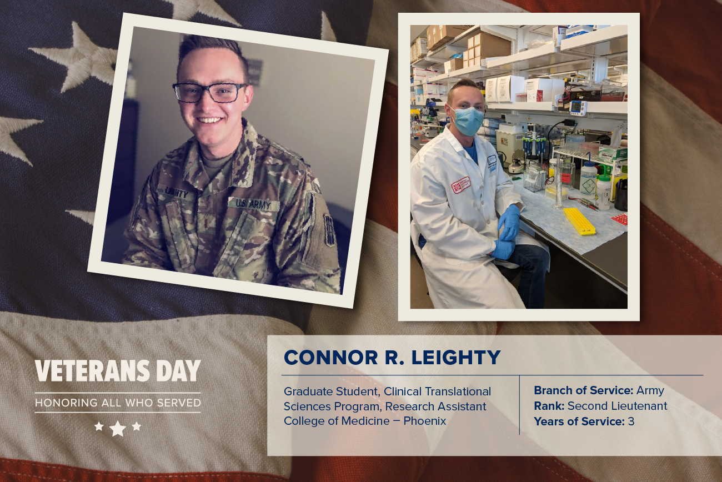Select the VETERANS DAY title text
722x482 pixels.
click(x=118, y=371)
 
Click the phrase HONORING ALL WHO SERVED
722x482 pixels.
click(x=118, y=403)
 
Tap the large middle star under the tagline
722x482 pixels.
click(x=118, y=428)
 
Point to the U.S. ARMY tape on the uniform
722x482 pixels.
click(x=253, y=204)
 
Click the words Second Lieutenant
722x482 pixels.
click(x=617, y=405)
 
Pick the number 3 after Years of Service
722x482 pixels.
click(x=631, y=421)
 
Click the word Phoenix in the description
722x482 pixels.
click(x=425, y=421)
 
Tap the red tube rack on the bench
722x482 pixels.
click(x=619, y=218)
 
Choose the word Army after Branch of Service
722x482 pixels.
click(x=650, y=391)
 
